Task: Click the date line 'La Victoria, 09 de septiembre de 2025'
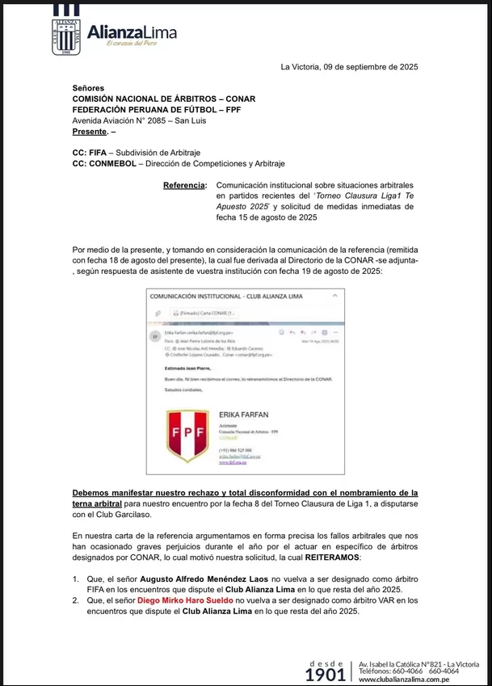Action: coord(349,67)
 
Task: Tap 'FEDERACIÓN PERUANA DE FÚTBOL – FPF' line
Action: coord(161,109)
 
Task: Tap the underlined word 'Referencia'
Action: coord(185,185)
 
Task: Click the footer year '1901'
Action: coord(326,674)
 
